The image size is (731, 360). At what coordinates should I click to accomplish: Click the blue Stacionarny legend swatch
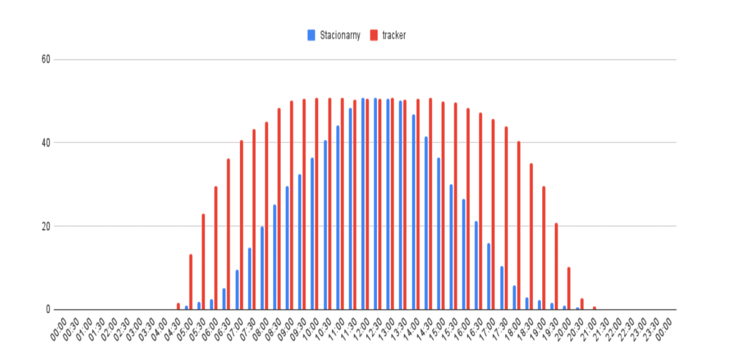(311, 35)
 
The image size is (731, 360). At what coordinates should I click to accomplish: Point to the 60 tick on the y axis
(46, 60)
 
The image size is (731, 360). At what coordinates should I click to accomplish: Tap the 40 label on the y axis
(46, 143)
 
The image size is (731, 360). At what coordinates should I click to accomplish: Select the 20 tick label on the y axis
(46, 226)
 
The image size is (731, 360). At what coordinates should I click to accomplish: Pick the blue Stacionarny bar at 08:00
(262, 268)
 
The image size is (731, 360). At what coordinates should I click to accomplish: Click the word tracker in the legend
(394, 35)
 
